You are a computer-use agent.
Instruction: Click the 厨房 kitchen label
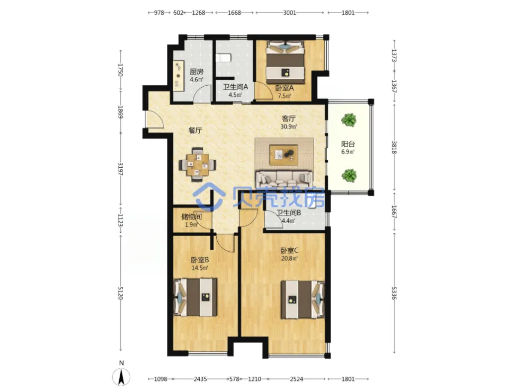coord(197,71)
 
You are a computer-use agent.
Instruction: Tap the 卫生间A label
coord(235,87)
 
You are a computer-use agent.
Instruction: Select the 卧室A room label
coord(284,88)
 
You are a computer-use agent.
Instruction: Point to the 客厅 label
coord(289,118)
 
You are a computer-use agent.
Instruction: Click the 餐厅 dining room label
coord(195,130)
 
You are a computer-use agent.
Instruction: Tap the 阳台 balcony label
coord(348,143)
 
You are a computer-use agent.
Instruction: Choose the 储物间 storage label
coord(191,216)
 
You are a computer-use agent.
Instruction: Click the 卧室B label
coord(200,260)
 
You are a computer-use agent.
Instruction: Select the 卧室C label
coord(289,251)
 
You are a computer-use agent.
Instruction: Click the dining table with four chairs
coord(198,164)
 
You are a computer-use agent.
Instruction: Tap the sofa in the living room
coord(284,179)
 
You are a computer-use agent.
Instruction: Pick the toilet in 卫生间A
coord(224,58)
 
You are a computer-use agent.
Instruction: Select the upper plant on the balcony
coord(349,120)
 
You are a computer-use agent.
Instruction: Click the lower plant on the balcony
coord(349,175)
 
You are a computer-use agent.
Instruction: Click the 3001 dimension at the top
coord(289,13)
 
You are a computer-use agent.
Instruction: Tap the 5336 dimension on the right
coord(394,293)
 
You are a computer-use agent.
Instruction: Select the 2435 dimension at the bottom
coord(200,379)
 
